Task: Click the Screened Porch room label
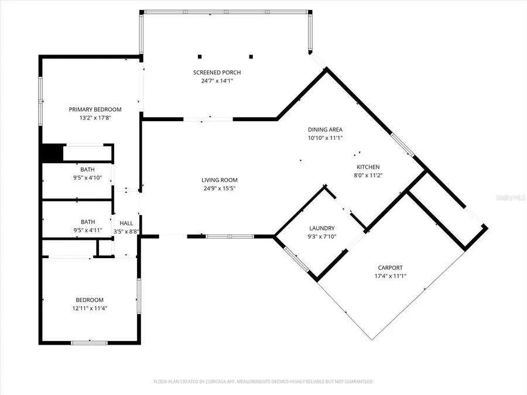217,73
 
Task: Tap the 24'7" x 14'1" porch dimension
217,81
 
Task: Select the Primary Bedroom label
95,109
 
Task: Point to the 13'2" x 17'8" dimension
95,118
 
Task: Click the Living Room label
220,180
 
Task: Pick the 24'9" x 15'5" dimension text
220,188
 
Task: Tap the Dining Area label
325,129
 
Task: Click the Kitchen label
369,167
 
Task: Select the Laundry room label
322,228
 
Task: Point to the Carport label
391,268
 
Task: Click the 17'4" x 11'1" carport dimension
391,276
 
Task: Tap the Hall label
126,223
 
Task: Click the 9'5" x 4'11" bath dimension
88,230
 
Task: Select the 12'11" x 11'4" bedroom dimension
89,308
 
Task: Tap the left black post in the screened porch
200,57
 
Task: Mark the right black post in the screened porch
251,57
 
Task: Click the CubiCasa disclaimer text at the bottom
263,382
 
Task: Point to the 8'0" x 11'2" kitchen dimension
369,175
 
